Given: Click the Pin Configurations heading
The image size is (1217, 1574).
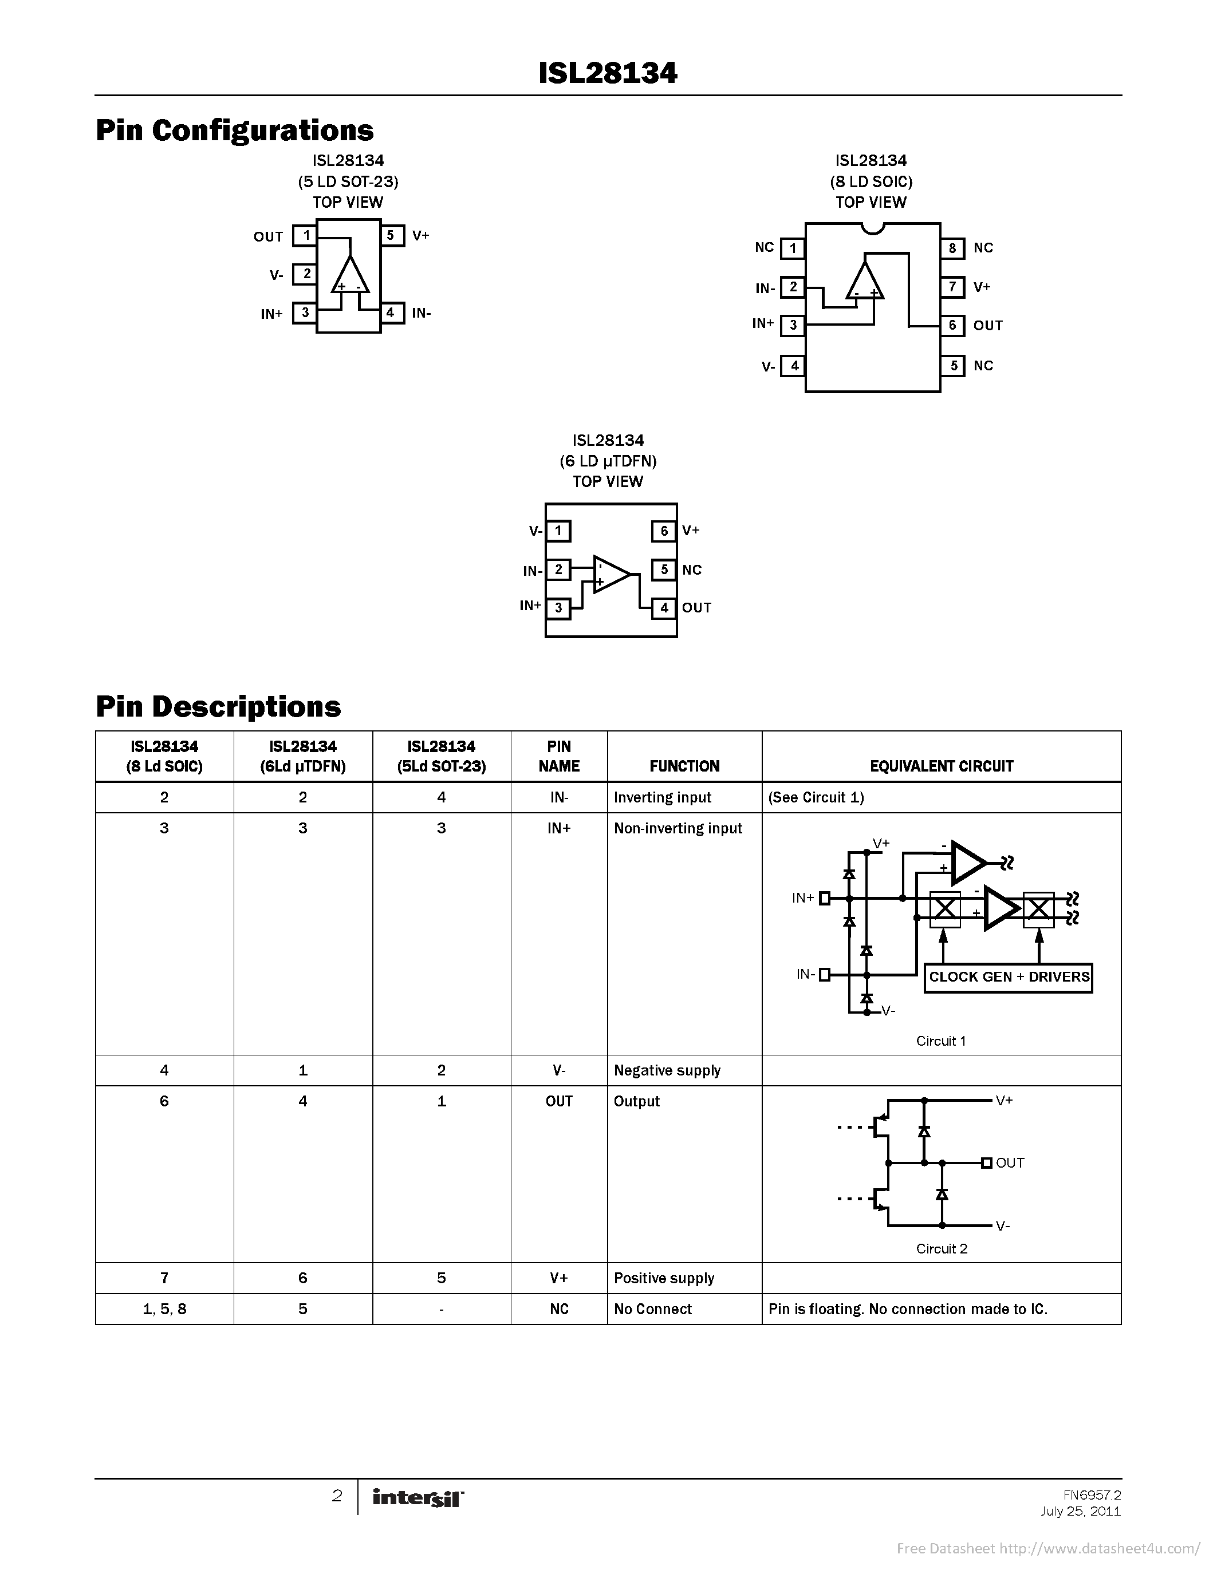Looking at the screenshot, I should [234, 130].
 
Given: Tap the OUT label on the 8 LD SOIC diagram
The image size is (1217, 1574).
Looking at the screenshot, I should [988, 326].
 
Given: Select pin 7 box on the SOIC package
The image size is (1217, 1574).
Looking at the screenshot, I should [952, 287].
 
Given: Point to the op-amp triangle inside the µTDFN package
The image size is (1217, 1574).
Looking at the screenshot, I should [610, 575].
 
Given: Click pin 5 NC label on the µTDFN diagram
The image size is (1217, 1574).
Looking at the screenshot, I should [691, 570].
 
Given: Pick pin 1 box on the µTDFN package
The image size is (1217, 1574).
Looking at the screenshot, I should [558, 531].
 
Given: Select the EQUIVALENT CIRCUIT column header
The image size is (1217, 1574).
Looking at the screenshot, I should [941, 766].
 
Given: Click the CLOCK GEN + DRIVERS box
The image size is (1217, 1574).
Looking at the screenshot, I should [1008, 977].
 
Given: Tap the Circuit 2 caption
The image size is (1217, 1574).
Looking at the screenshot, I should [941, 1249].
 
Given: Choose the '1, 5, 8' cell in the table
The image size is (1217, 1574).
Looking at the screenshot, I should [164, 1309].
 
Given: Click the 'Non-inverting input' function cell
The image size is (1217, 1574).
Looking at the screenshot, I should [678, 829].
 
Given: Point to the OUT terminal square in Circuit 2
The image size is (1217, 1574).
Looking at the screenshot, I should [986, 1162].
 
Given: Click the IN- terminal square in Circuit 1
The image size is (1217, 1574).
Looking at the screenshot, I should [825, 975].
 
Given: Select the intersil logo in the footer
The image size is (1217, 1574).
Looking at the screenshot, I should [418, 1498].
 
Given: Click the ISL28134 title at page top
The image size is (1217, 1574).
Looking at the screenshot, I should [608, 73].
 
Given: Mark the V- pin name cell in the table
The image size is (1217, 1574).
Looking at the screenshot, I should [559, 1070].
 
